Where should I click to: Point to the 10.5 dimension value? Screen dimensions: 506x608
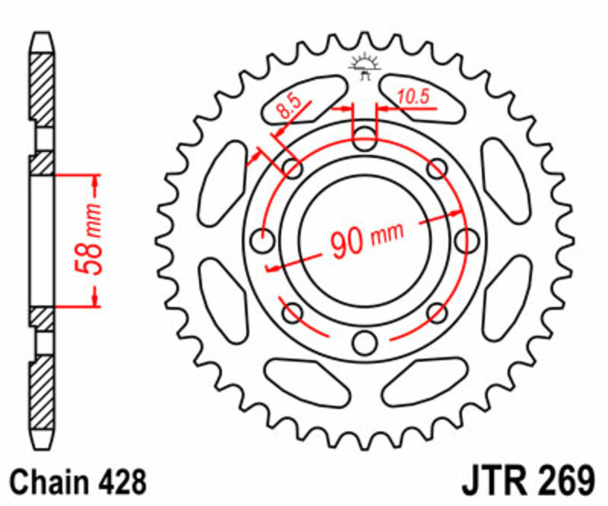coord(413,96)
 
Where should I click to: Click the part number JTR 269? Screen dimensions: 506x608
coord(527,482)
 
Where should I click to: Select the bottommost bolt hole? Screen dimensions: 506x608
coord(365,342)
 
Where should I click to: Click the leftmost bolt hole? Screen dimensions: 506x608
coord(264,242)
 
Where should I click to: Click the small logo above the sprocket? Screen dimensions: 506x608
coord(365,66)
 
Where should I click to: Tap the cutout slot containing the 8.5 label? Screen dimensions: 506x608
coord(302,98)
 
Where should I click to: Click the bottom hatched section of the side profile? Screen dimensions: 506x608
coord(43,403)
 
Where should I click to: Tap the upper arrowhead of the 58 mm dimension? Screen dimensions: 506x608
coord(96,182)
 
